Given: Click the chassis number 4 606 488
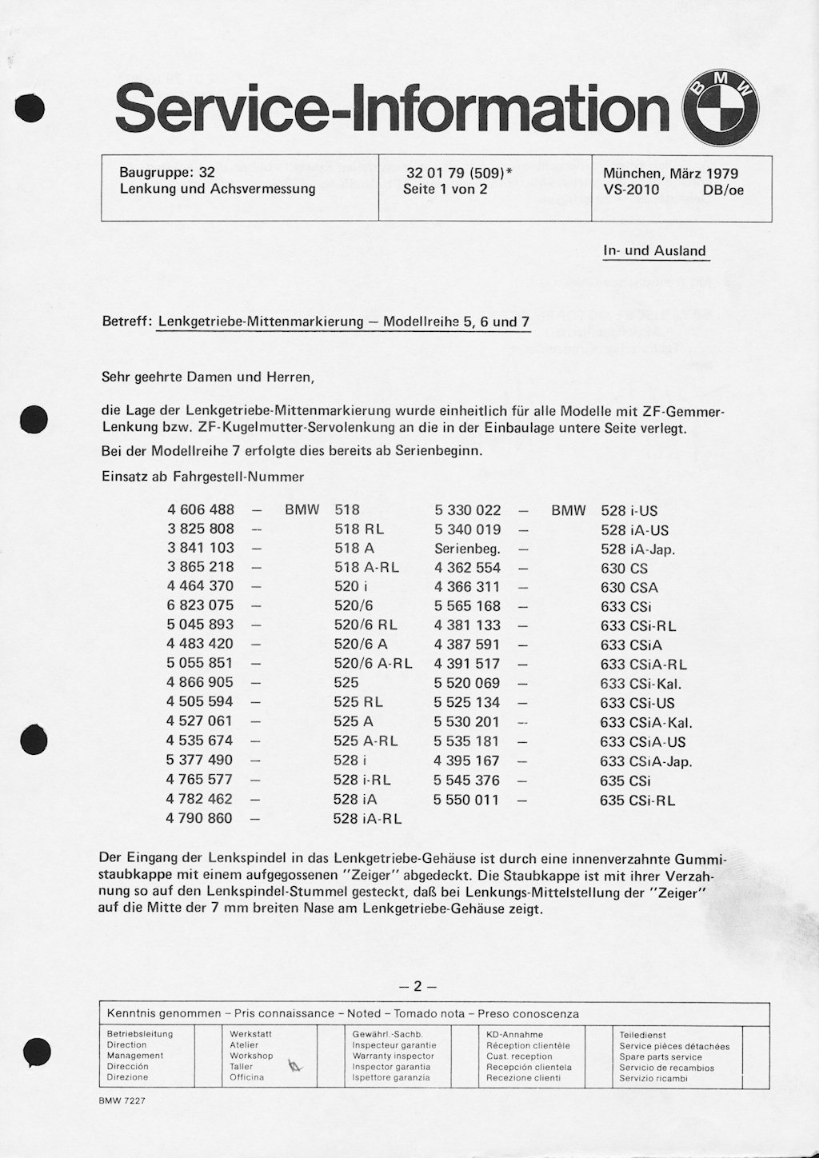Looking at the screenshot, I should point(201,509).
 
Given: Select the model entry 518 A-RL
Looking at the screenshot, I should point(366,567).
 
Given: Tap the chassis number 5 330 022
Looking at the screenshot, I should point(467,510).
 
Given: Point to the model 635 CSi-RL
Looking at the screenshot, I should point(637,800).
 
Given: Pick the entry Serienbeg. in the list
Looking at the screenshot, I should point(467,549).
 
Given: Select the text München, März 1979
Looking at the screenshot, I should point(670,174).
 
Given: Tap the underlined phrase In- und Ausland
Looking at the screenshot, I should point(654,251).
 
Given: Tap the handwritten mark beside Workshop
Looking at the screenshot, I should point(296,1064).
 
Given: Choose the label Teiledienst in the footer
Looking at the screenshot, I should point(642,1035).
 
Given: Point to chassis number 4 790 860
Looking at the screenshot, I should point(201,818).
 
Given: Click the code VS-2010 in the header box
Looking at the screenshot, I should point(632,190).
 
